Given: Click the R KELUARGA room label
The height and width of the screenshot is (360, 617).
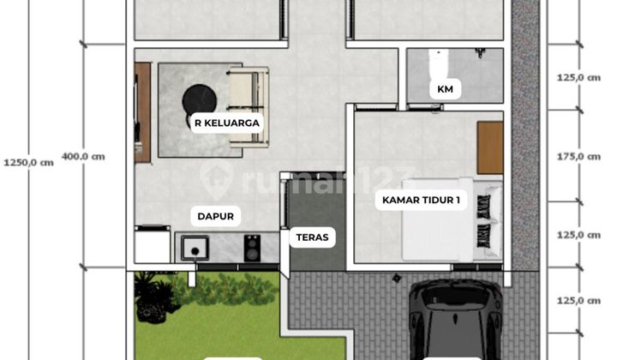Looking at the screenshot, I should pos(226,123).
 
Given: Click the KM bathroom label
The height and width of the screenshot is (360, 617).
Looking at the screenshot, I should pos(445,88).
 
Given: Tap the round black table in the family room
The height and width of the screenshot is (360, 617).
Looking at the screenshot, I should pos(199,100).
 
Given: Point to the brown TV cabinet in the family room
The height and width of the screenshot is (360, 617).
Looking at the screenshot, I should pos(142,111).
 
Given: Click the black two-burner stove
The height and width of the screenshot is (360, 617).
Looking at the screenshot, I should pos(253,249).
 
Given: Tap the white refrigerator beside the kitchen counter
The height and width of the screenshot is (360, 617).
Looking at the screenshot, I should pos(153,245).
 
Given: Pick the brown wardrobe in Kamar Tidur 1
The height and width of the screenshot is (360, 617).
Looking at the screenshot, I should pos(489,147).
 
